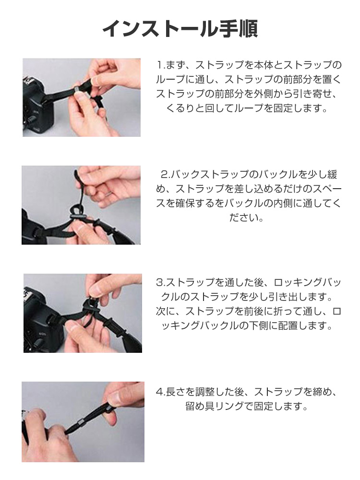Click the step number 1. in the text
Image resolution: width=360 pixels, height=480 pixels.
pos(161,65)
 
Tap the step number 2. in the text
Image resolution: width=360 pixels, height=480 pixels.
pos(165,175)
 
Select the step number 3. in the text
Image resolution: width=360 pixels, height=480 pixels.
pos(161,282)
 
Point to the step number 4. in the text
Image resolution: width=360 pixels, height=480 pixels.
pos(161,392)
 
